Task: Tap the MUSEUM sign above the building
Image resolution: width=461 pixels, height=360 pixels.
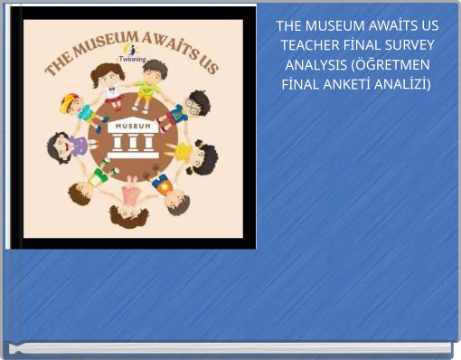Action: point(132,127)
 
